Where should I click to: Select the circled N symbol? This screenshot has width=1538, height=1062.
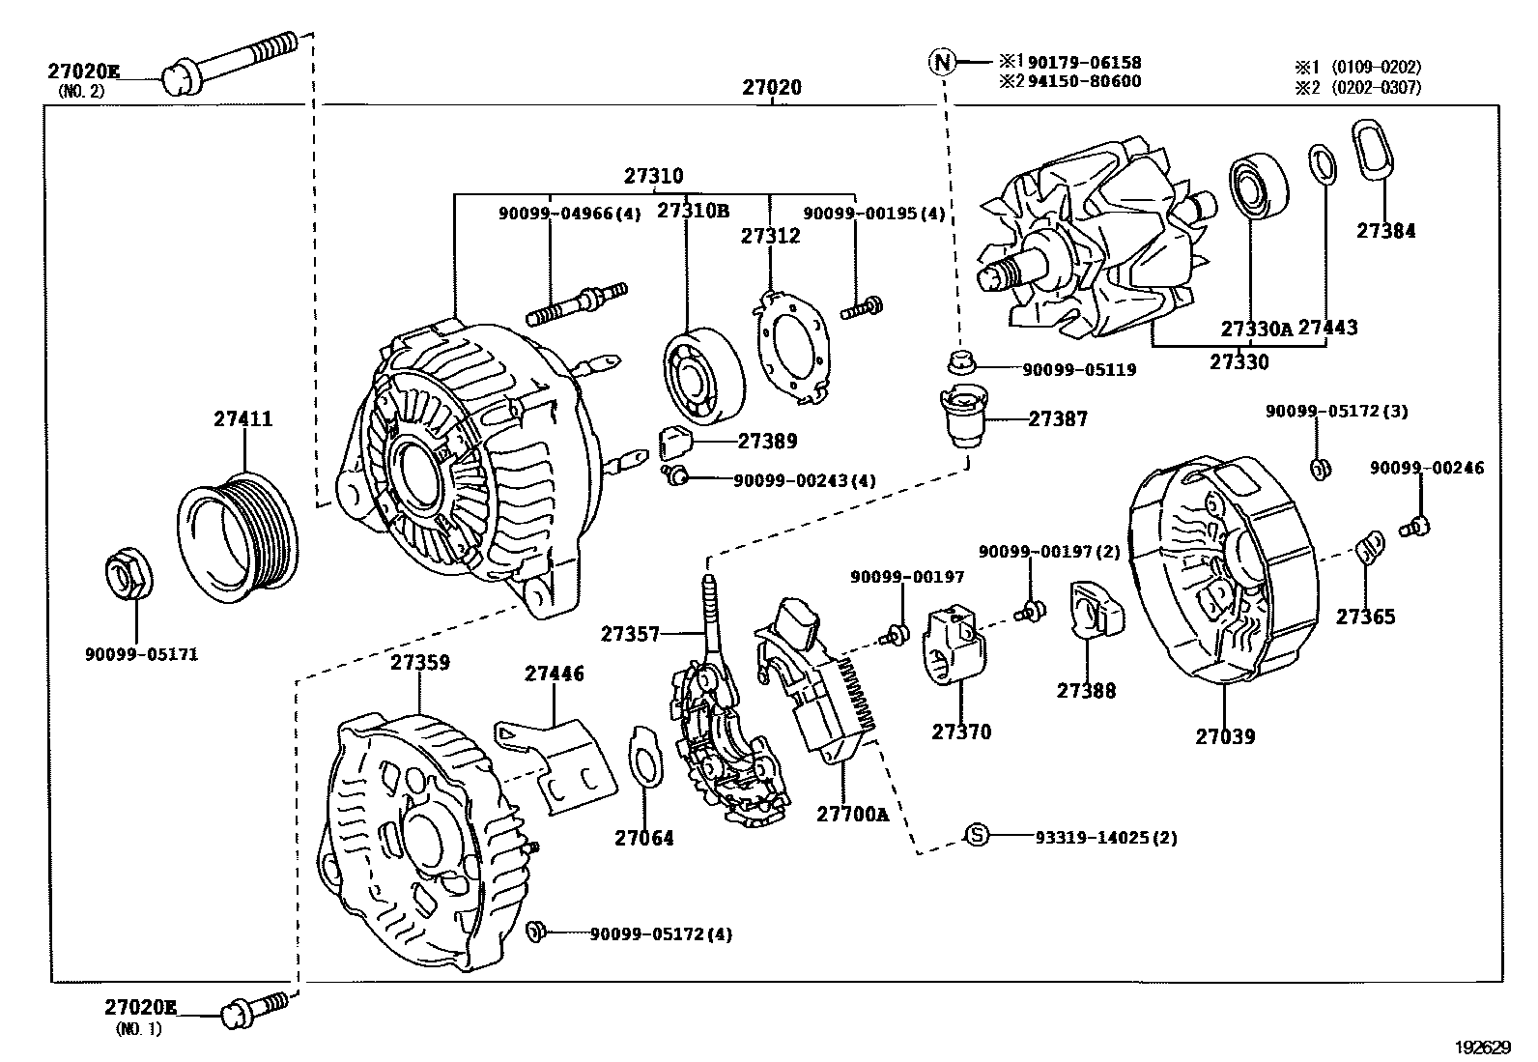point(941,63)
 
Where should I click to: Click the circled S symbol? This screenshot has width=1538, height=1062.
point(979,836)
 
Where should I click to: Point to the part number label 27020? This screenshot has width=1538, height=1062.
point(771,87)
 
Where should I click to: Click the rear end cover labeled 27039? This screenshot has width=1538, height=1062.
point(1222,575)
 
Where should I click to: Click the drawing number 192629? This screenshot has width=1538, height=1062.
point(1483,1047)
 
